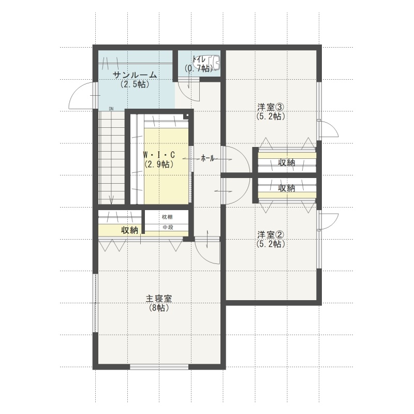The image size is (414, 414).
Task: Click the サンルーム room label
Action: tap(135, 75)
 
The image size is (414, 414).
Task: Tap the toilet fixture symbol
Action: tap(213, 62)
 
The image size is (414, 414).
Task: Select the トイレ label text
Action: tap(199, 58)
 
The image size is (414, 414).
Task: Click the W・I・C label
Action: tap(159, 154)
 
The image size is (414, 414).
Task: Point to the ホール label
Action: tap(208, 158)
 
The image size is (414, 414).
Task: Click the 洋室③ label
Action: tap(271, 107)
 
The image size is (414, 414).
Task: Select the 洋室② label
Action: tap(271, 234)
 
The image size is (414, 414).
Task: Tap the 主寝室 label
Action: tap(159, 299)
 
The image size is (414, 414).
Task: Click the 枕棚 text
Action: tap(167, 217)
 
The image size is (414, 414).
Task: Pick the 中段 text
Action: tap(167, 227)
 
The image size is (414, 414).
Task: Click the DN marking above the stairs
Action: tap(111, 109)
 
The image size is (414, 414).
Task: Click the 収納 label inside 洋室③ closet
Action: tap(287, 162)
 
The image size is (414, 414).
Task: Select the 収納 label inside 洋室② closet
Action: tap(287, 188)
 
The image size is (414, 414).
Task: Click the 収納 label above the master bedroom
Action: tap(130, 230)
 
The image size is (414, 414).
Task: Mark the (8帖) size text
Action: tap(159, 307)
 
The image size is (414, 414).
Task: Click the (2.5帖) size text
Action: tap(135, 84)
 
